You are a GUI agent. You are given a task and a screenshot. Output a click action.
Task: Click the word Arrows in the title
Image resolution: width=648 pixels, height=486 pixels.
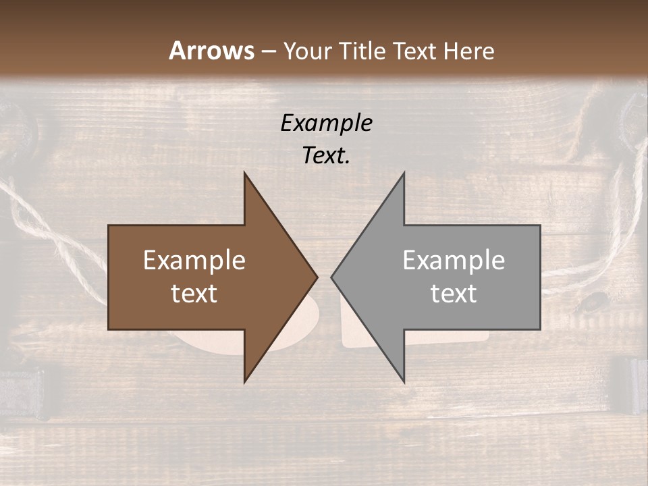[211, 51]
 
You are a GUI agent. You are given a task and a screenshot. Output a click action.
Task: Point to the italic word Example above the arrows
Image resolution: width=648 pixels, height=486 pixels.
[326, 123]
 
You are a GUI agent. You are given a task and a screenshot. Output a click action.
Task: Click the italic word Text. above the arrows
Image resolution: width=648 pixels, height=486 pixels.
[326, 156]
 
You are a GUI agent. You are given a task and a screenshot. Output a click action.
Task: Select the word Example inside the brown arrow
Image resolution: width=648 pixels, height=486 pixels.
[194, 261]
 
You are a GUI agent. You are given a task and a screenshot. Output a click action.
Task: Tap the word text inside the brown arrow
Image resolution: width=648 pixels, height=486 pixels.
[194, 294]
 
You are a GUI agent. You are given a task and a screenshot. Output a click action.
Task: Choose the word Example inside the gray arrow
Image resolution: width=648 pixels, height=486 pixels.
[454, 261]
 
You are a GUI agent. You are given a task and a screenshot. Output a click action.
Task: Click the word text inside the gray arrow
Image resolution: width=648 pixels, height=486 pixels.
[454, 294]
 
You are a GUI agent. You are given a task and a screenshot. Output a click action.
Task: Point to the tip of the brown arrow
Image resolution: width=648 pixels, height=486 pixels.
[317, 277]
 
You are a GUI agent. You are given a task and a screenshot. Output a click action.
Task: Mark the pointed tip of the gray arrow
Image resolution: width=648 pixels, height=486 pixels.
[332, 277]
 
